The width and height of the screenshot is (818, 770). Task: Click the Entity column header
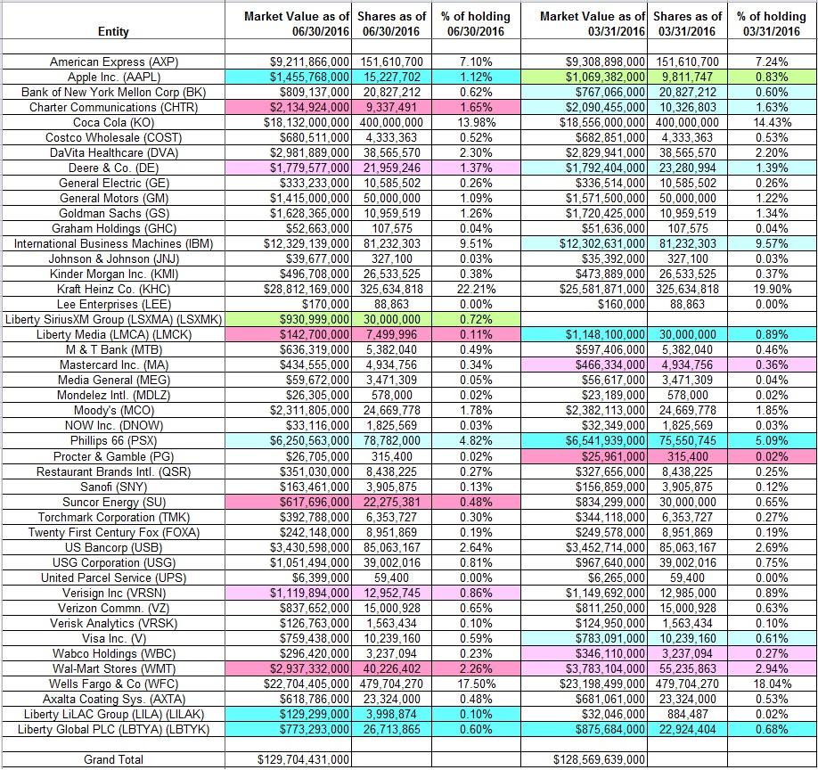[113, 32]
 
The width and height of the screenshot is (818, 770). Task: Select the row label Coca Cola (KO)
[114, 123]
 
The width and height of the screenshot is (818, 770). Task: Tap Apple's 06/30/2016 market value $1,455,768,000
[309, 78]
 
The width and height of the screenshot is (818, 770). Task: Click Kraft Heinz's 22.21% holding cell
[476, 289]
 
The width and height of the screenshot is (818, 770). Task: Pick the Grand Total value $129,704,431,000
[303, 759]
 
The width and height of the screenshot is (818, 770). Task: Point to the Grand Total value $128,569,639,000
[599, 759]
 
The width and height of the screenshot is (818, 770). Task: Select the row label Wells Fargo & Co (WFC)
[114, 684]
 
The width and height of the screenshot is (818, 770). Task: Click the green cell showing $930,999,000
[315, 319]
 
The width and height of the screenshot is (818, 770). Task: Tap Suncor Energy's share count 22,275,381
[391, 502]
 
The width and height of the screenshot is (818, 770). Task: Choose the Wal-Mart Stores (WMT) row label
[114, 668]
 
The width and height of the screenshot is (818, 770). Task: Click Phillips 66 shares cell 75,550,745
[687, 441]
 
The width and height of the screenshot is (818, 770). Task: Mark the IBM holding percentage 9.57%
[772, 243]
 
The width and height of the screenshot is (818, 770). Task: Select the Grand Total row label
[114, 759]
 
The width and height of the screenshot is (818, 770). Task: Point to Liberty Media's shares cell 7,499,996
[391, 334]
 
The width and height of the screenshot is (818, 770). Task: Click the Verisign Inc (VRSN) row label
[114, 594]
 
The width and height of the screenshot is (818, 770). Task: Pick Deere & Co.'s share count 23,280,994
[687, 168]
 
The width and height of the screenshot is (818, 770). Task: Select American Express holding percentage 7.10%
[476, 62]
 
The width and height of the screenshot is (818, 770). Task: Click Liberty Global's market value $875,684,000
[610, 729]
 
